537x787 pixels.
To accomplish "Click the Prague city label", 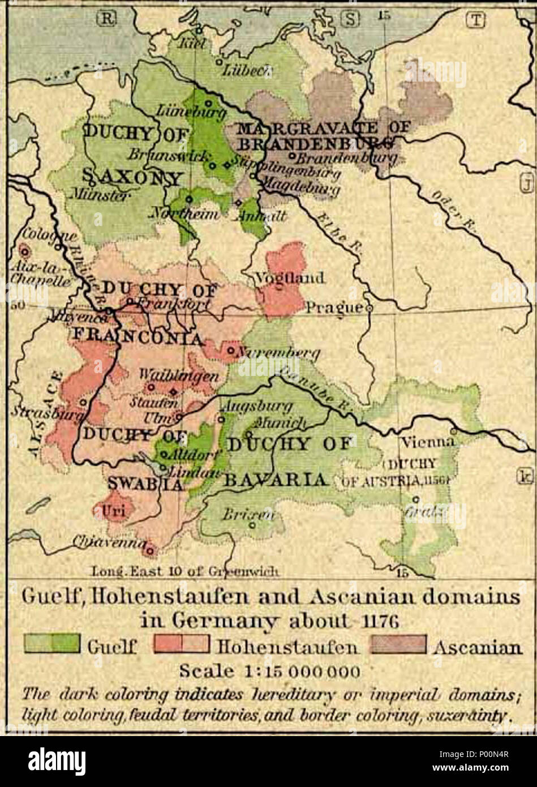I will pyautogui.click(x=334, y=308).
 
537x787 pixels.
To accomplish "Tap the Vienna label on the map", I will pyautogui.click(x=427, y=442).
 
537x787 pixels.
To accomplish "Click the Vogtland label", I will pyautogui.click(x=290, y=278).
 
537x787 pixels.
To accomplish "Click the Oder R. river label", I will pyautogui.click(x=447, y=207).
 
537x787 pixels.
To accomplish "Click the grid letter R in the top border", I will pyautogui.click(x=107, y=19).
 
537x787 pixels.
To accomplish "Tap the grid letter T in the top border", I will pyautogui.click(x=475, y=19).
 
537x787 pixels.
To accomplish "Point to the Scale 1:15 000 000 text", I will pyautogui.click(x=269, y=671).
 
